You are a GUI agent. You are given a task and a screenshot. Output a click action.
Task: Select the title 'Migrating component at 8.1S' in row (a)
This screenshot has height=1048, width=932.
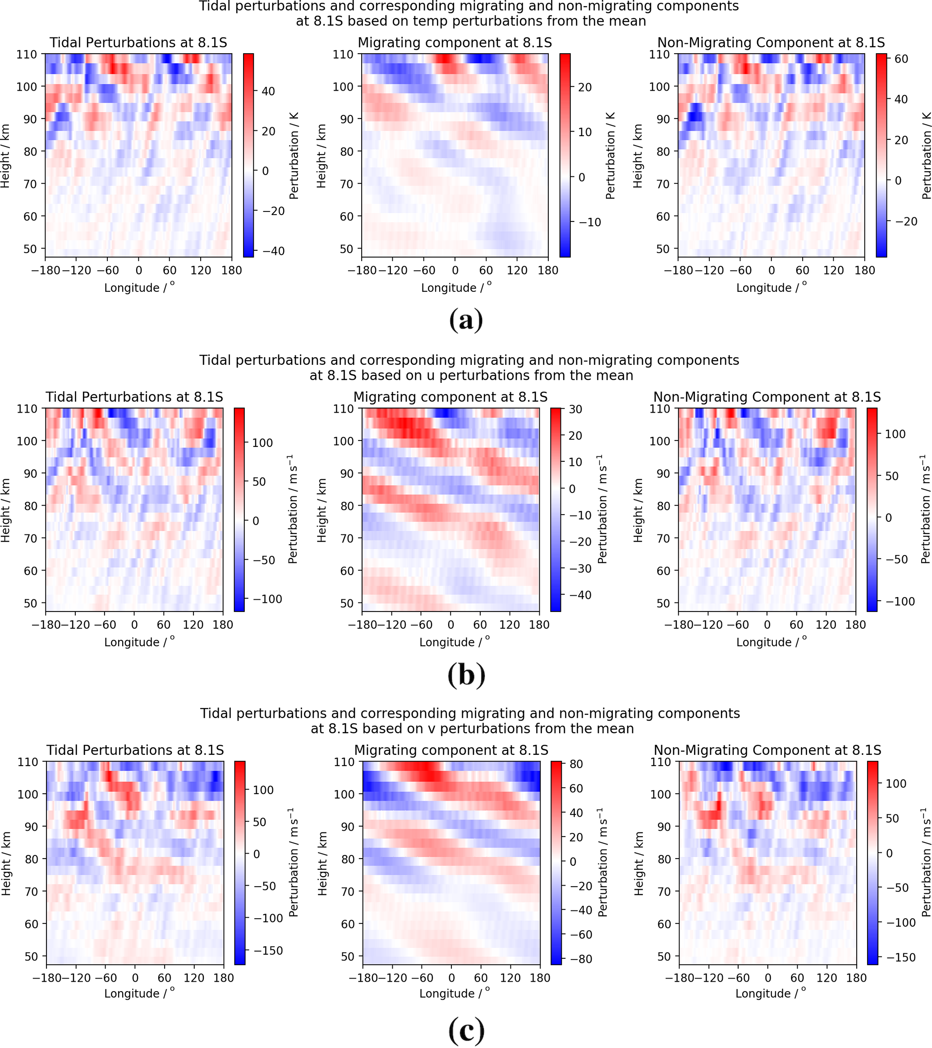pos(455,42)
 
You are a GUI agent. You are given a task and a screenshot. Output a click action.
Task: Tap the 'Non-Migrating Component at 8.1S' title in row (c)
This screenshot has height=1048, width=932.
pos(767,750)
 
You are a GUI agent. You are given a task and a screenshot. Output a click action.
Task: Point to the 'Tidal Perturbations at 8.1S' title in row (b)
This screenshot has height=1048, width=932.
pos(134,397)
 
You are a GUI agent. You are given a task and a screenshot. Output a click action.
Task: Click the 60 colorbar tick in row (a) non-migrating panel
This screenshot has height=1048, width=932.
pos(901,59)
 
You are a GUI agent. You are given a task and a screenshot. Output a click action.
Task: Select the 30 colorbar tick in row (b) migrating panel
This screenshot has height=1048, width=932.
pos(575,409)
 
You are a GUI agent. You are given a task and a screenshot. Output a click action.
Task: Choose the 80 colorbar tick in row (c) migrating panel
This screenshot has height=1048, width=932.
pos(576,764)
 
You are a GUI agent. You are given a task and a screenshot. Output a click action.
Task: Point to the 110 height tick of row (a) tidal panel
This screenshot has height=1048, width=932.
pos(27,55)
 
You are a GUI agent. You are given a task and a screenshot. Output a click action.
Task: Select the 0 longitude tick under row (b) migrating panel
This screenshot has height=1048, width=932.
pos(450,625)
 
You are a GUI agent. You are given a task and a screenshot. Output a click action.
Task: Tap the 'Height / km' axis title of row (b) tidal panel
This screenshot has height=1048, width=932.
pos(6,510)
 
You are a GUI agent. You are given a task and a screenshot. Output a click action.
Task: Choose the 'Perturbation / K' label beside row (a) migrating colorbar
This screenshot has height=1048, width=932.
pos(610,156)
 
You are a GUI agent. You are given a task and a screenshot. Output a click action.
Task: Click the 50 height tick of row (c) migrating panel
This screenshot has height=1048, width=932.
pos(348,956)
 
